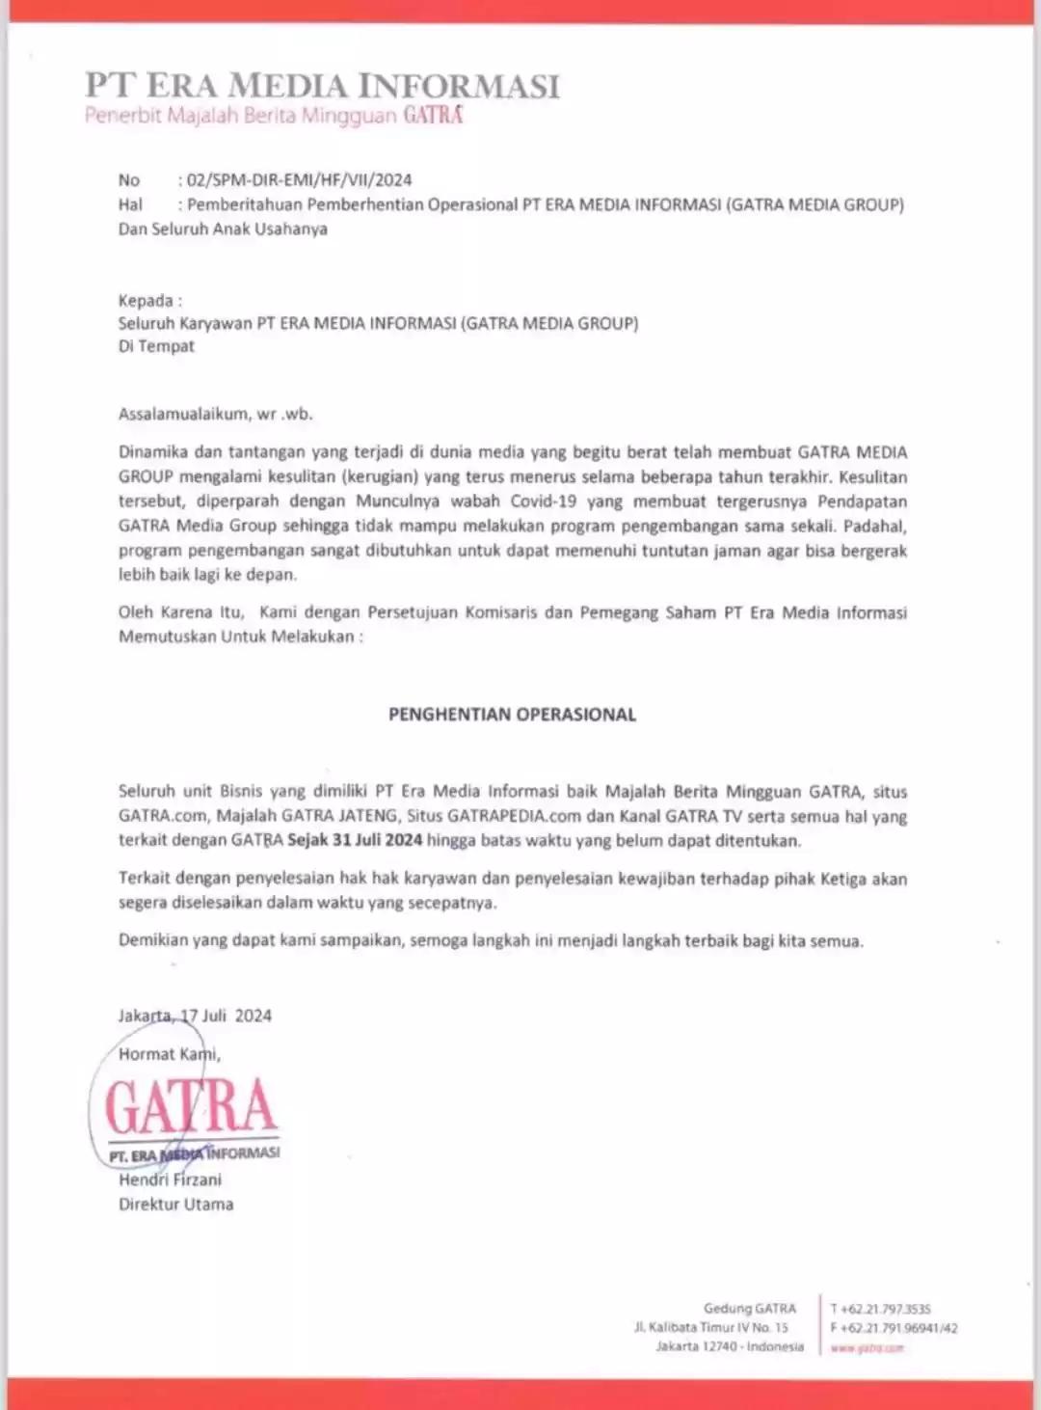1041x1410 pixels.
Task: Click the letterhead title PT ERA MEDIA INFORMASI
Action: point(322,85)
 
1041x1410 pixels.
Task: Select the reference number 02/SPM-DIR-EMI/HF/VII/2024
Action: point(300,180)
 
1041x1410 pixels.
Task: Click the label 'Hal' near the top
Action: point(130,204)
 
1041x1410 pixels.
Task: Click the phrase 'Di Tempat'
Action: point(156,346)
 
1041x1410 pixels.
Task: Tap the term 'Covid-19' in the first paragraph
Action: point(545,502)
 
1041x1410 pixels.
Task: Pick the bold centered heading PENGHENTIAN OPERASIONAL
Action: point(512,715)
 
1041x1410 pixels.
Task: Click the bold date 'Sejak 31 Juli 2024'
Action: point(355,840)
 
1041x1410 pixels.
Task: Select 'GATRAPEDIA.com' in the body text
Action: point(501,816)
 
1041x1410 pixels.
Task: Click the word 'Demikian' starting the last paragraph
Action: point(153,940)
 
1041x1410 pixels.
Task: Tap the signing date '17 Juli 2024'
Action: point(227,1016)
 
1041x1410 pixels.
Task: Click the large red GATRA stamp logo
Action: point(191,1106)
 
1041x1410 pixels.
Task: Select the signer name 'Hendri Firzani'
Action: point(170,1180)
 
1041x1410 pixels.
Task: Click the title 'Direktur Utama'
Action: point(175,1205)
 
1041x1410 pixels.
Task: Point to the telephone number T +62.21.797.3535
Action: point(880,1309)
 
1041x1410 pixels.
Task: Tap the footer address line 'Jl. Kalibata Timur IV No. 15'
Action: point(710,1328)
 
